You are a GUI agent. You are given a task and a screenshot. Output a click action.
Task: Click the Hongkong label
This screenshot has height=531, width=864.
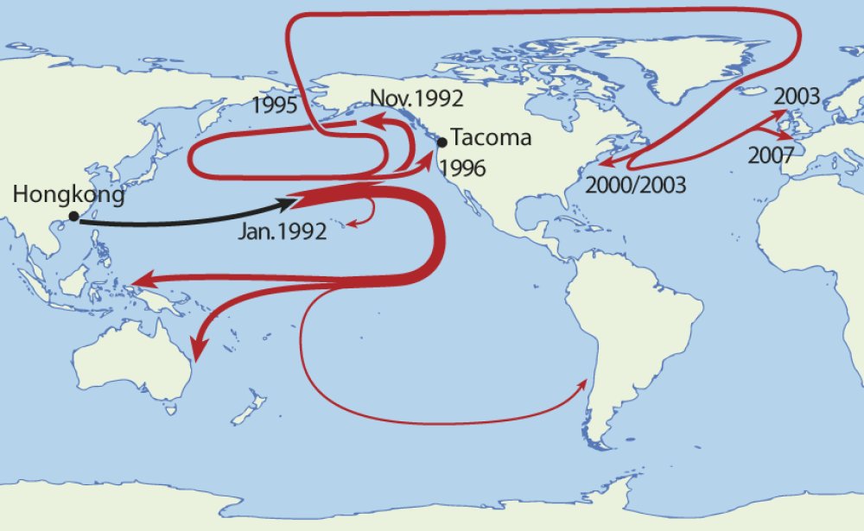[69, 195]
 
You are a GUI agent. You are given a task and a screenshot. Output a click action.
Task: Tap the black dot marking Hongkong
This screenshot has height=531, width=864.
[74, 216]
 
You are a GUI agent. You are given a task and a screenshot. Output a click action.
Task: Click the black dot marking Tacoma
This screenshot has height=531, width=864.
[442, 142]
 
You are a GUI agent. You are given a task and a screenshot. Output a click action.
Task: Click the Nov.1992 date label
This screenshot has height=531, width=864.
[415, 98]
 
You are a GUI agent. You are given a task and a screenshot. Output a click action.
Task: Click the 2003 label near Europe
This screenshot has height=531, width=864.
[796, 96]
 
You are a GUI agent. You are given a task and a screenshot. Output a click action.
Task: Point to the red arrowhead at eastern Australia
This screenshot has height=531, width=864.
[199, 351]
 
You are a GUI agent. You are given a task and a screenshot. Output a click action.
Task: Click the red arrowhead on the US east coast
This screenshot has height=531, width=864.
[605, 162]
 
